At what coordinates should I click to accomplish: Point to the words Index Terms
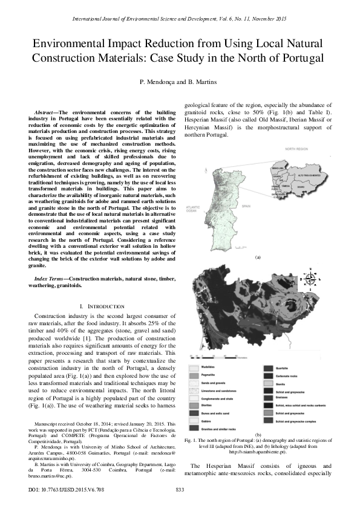coord(50,279)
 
